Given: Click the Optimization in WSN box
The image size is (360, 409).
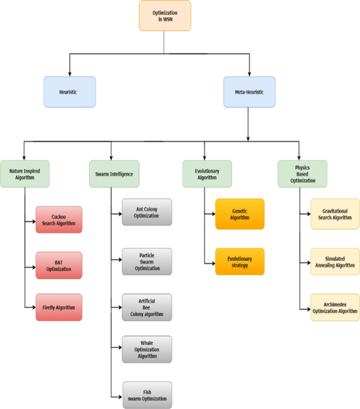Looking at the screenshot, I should click(164, 16).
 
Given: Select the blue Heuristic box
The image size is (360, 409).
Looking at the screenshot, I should click(69, 92).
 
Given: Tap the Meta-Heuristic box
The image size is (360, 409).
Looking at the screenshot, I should click(249, 92).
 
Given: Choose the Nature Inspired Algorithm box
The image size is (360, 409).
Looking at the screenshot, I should click(25, 174).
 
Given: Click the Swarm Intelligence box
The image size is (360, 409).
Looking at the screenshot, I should click(114, 174).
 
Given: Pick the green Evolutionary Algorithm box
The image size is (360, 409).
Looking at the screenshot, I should click(207, 174).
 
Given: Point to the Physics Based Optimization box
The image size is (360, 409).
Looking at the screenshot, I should click(302, 174).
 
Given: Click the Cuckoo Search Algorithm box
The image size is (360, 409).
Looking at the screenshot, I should click(59, 219).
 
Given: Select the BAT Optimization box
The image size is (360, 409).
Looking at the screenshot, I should click(59, 265).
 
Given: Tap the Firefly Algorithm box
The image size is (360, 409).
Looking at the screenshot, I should click(59, 307).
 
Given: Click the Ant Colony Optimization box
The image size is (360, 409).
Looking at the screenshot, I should click(147, 212).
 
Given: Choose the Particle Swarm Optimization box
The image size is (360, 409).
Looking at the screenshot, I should click(147, 261).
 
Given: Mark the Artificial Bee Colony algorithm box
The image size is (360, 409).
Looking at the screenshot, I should click(147, 307).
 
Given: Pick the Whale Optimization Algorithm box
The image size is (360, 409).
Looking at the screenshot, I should click(147, 349).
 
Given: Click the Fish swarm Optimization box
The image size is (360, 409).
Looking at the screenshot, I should click(147, 395).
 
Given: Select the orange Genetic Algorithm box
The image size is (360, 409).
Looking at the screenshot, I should click(239, 214).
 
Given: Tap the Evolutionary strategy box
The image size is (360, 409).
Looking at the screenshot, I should click(239, 261).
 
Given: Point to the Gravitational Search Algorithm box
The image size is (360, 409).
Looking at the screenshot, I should click(335, 214).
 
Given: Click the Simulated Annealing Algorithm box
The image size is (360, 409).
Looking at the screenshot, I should click(335, 261).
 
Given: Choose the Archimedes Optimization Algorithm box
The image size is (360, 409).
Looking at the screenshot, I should click(335, 307).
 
